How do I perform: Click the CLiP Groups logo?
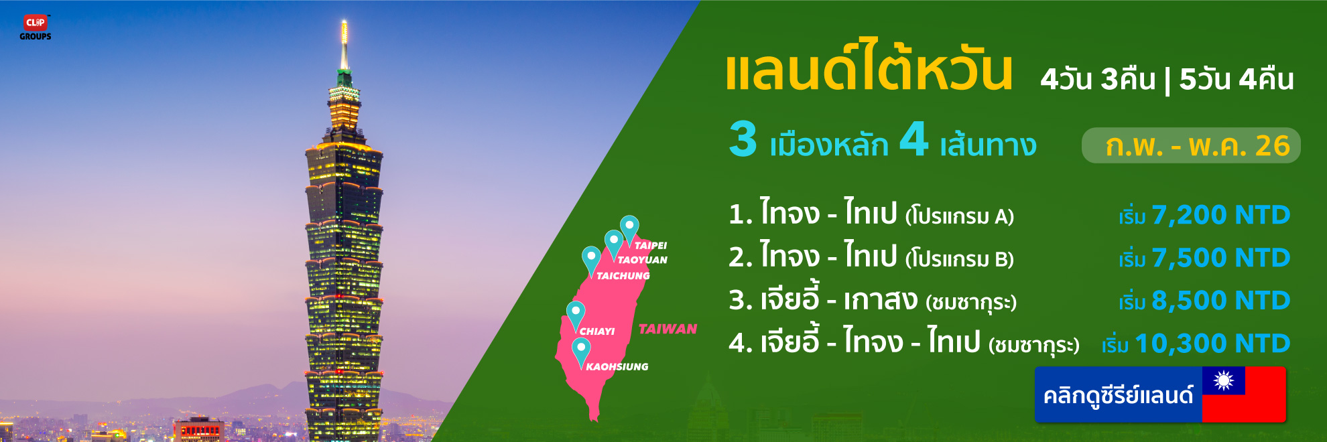pyautogui.click(x=36, y=27)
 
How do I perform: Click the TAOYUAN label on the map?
pyautogui.click(x=642, y=260)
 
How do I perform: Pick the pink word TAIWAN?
pyautogui.click(x=668, y=329)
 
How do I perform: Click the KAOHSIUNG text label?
pyautogui.click(x=617, y=366)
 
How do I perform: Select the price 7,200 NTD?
pyautogui.click(x=1221, y=215)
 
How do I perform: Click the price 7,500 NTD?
pyautogui.click(x=1221, y=258)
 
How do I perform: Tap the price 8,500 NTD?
pyautogui.click(x=1221, y=301)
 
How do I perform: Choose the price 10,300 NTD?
pyautogui.click(x=1212, y=344)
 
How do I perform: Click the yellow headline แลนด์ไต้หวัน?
pyautogui.click(x=869, y=65)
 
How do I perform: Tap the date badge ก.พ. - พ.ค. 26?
pyautogui.click(x=1191, y=145)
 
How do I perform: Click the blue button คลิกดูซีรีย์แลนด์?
pyautogui.click(x=1118, y=394)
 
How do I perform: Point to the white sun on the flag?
pyautogui.click(x=1223, y=380)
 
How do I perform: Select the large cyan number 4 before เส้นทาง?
pyautogui.click(x=914, y=139)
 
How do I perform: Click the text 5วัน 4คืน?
pyautogui.click(x=1237, y=79)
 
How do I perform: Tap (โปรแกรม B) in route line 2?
pyautogui.click(x=960, y=259)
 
